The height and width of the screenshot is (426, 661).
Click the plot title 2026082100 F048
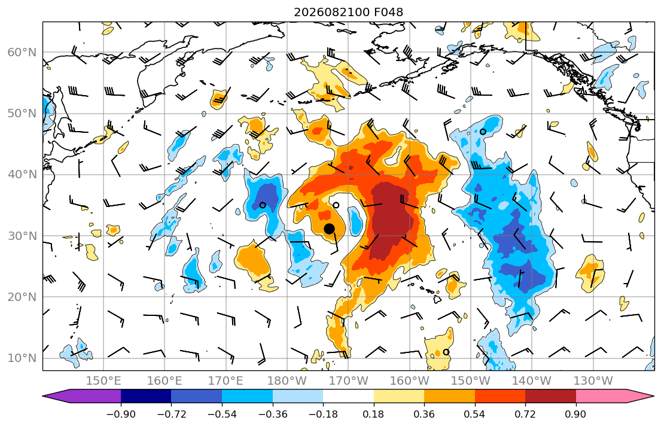pos(348,12)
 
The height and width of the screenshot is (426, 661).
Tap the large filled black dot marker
pos(329,229)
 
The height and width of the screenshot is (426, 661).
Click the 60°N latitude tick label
pos(22,52)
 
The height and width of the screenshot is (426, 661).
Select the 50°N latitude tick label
pos(22,114)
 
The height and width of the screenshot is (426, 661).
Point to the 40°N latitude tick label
pos(22,175)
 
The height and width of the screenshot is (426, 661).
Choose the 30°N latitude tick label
pos(22,236)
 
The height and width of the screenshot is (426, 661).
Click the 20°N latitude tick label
pos(22,297)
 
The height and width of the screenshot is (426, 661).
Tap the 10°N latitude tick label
pos(22,358)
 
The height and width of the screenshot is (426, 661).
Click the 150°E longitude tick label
pos(103,381)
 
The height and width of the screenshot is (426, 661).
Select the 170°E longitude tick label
pos(226,381)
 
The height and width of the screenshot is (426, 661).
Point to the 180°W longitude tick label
pos(288,381)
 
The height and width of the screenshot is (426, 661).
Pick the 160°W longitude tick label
pos(410,381)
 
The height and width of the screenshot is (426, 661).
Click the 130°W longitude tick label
pos(593,381)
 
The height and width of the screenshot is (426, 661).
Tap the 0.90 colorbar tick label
pos(576,414)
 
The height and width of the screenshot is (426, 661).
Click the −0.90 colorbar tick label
pos(121,414)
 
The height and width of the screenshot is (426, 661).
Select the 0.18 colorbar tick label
pos(373,414)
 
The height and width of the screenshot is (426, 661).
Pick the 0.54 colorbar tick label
pos(475,414)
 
